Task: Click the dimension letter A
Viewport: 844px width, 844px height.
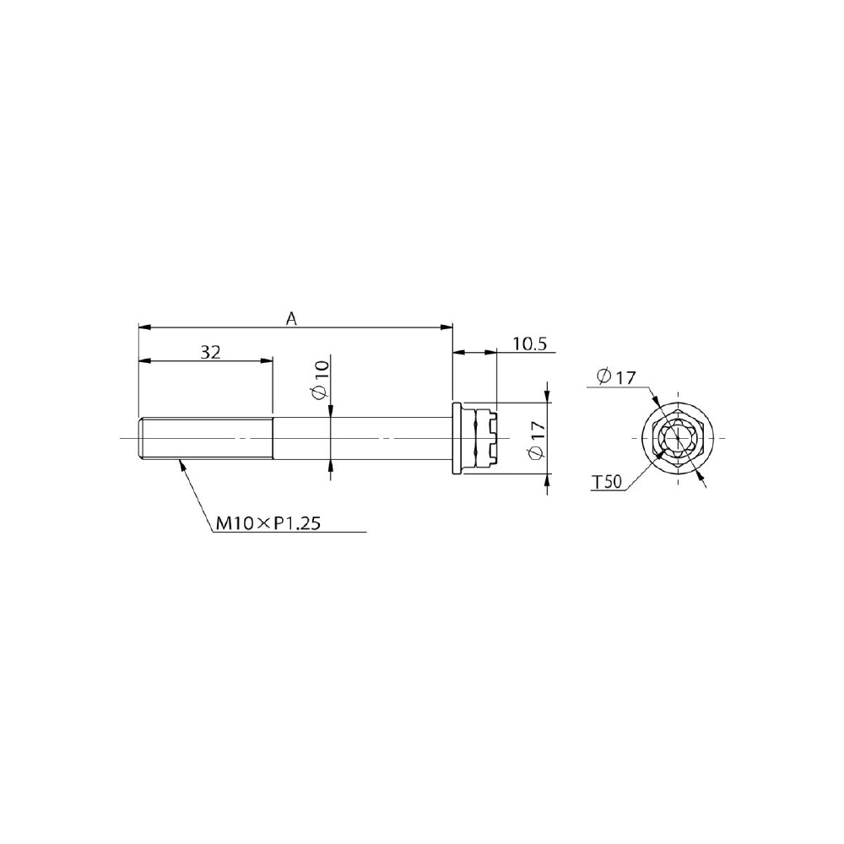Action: [291, 319]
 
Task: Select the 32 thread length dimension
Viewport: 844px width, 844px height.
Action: [210, 352]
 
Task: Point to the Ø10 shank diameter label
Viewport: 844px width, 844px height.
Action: [320, 380]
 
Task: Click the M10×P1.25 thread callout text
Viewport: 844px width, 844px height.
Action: [268, 522]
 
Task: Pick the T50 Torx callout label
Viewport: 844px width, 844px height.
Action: [607, 482]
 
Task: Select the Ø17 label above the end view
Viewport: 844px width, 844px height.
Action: [616, 376]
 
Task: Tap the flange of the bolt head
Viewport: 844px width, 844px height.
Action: [457, 438]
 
